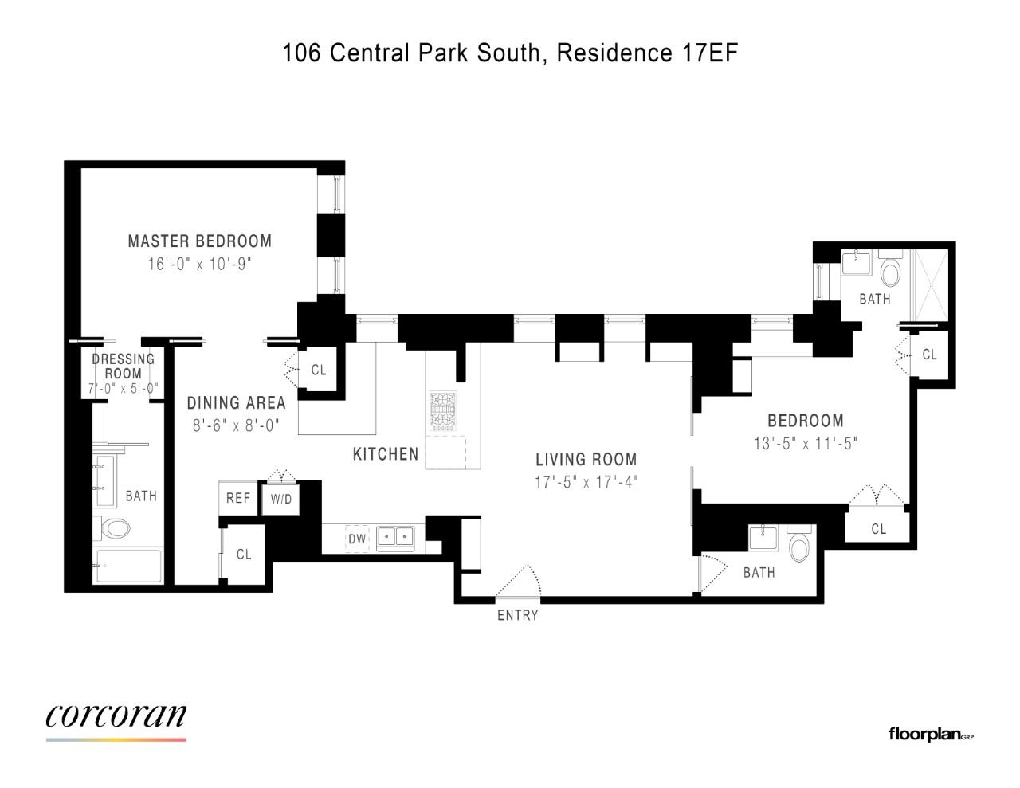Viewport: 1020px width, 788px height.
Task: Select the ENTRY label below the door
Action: [x=518, y=615]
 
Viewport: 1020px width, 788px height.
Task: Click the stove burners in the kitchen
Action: [x=442, y=412]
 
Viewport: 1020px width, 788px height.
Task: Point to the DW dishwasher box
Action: [x=357, y=539]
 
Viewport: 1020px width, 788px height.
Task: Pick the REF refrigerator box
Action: [x=238, y=498]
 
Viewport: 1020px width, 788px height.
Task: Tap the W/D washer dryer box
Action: [x=280, y=499]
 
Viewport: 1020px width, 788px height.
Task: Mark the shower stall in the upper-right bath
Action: [x=930, y=285]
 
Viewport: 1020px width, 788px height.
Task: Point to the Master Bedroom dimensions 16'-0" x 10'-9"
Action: [x=200, y=265]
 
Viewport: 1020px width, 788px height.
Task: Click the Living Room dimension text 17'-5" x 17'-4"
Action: [x=586, y=483]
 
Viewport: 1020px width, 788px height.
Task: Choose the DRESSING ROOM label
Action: [x=123, y=367]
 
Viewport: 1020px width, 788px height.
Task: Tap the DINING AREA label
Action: [x=236, y=402]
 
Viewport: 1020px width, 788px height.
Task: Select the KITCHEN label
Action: [x=386, y=454]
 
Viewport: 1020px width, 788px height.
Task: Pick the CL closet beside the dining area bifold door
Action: [x=319, y=370]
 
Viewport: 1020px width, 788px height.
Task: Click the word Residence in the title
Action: [x=614, y=53]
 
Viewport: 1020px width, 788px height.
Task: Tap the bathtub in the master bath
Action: [x=129, y=566]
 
